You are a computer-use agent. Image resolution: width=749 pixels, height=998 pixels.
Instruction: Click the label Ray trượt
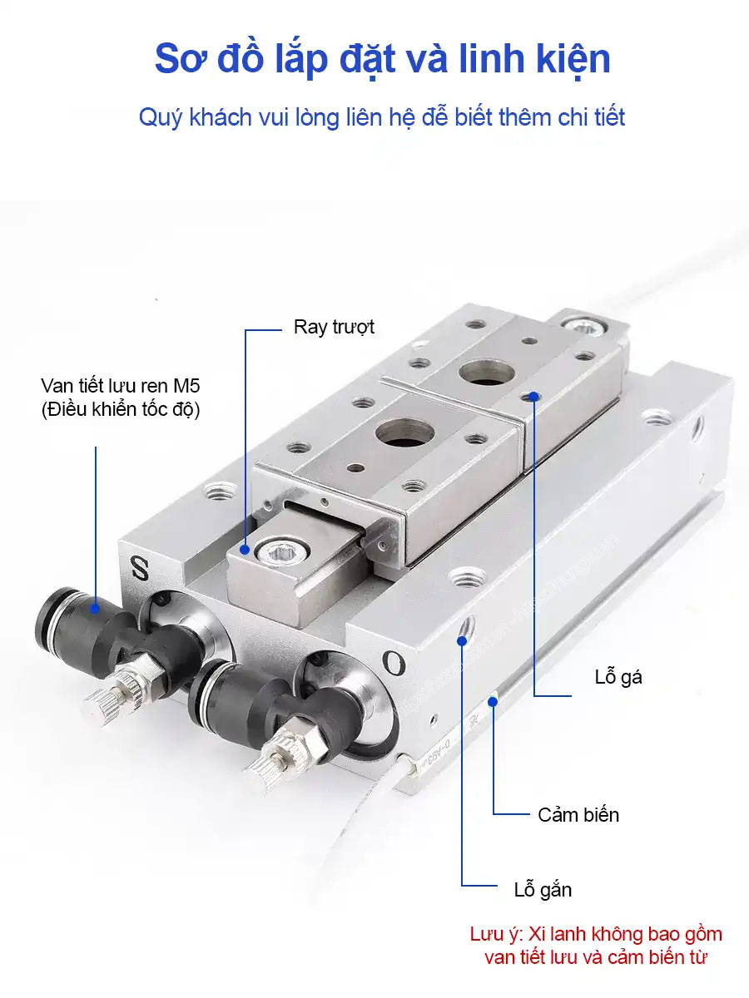[x=334, y=328]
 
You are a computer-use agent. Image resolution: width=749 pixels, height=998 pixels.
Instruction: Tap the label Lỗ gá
[x=618, y=677]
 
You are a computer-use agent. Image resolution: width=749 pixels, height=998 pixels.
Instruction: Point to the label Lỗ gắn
[x=543, y=890]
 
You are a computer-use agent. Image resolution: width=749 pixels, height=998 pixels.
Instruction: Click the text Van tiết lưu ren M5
[x=121, y=386]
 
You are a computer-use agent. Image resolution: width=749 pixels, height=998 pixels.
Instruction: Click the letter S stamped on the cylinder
[x=140, y=567]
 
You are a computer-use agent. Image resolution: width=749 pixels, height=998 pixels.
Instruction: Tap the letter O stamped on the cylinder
[x=394, y=664]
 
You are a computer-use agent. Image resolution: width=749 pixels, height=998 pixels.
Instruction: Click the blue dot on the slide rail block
[x=245, y=550]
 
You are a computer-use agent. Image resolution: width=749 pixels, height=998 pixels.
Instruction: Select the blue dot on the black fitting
[x=95, y=608]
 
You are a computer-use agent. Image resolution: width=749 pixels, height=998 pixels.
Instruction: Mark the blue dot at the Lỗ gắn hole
[x=462, y=641]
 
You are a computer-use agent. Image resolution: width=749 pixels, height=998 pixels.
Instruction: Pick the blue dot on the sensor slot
[x=493, y=702]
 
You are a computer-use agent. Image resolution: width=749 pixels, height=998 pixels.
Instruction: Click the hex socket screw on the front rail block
[x=282, y=551]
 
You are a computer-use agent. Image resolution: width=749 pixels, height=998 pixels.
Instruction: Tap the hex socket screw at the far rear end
[x=584, y=325]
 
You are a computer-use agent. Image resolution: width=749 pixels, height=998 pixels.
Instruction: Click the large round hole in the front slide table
[x=405, y=432]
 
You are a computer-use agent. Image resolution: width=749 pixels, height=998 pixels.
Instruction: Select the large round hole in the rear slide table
[x=487, y=373]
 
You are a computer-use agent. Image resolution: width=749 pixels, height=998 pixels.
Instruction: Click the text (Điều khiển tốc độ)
[x=121, y=409]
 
